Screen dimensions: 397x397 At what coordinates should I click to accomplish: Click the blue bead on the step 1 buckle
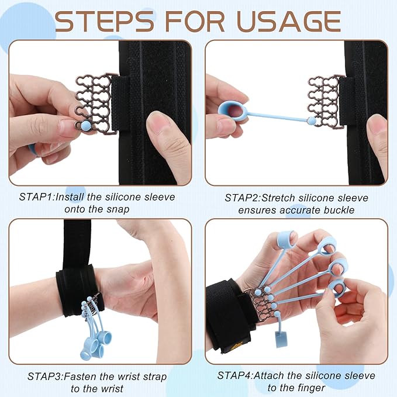[x=85, y=125]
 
